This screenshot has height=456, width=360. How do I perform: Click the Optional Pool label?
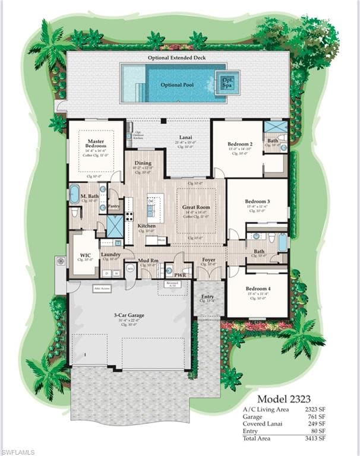coord(177,85)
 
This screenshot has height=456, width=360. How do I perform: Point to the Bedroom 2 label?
coord(241,144)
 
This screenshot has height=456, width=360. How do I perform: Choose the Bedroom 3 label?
coord(257,201)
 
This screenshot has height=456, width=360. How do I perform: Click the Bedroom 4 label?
coord(257,289)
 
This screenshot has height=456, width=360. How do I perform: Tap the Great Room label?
coord(196,208)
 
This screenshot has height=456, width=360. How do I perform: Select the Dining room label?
coord(143,163)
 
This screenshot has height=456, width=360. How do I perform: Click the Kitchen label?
coord(147,226)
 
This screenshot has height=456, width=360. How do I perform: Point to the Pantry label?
coord(114,207)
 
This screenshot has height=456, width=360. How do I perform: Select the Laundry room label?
coord(111,255)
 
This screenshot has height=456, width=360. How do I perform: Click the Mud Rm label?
coord(148,260)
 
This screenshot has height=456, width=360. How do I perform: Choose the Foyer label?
coord(208,259)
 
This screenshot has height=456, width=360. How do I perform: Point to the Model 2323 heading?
coord(284,398)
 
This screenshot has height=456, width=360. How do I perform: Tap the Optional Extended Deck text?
coord(177,58)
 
